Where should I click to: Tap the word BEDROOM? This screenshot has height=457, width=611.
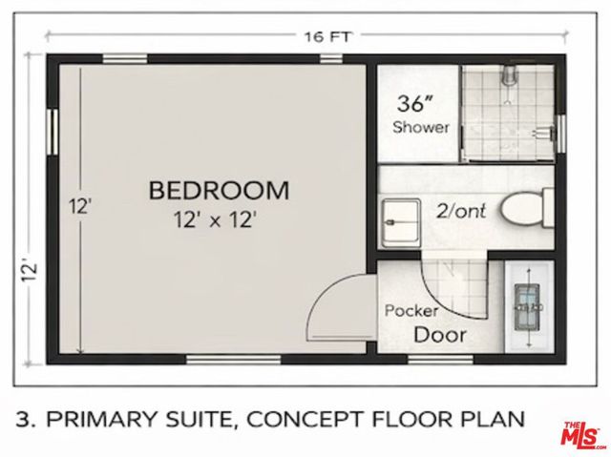pyautogui.click(x=219, y=190)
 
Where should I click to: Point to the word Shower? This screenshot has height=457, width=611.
pyautogui.click(x=421, y=127)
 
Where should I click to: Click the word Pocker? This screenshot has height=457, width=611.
pyautogui.click(x=411, y=311)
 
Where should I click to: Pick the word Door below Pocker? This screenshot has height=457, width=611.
pyautogui.click(x=440, y=335)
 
